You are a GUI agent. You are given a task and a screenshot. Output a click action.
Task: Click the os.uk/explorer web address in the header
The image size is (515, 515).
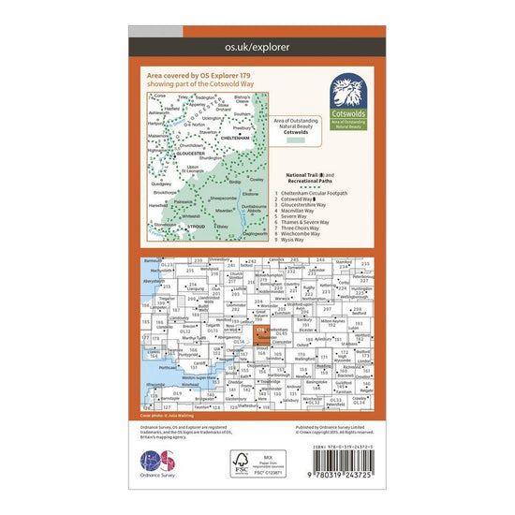pyautogui.click(x=257, y=45)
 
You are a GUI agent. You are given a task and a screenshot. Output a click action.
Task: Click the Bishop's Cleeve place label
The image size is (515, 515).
pyautogui.click(x=242, y=96)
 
